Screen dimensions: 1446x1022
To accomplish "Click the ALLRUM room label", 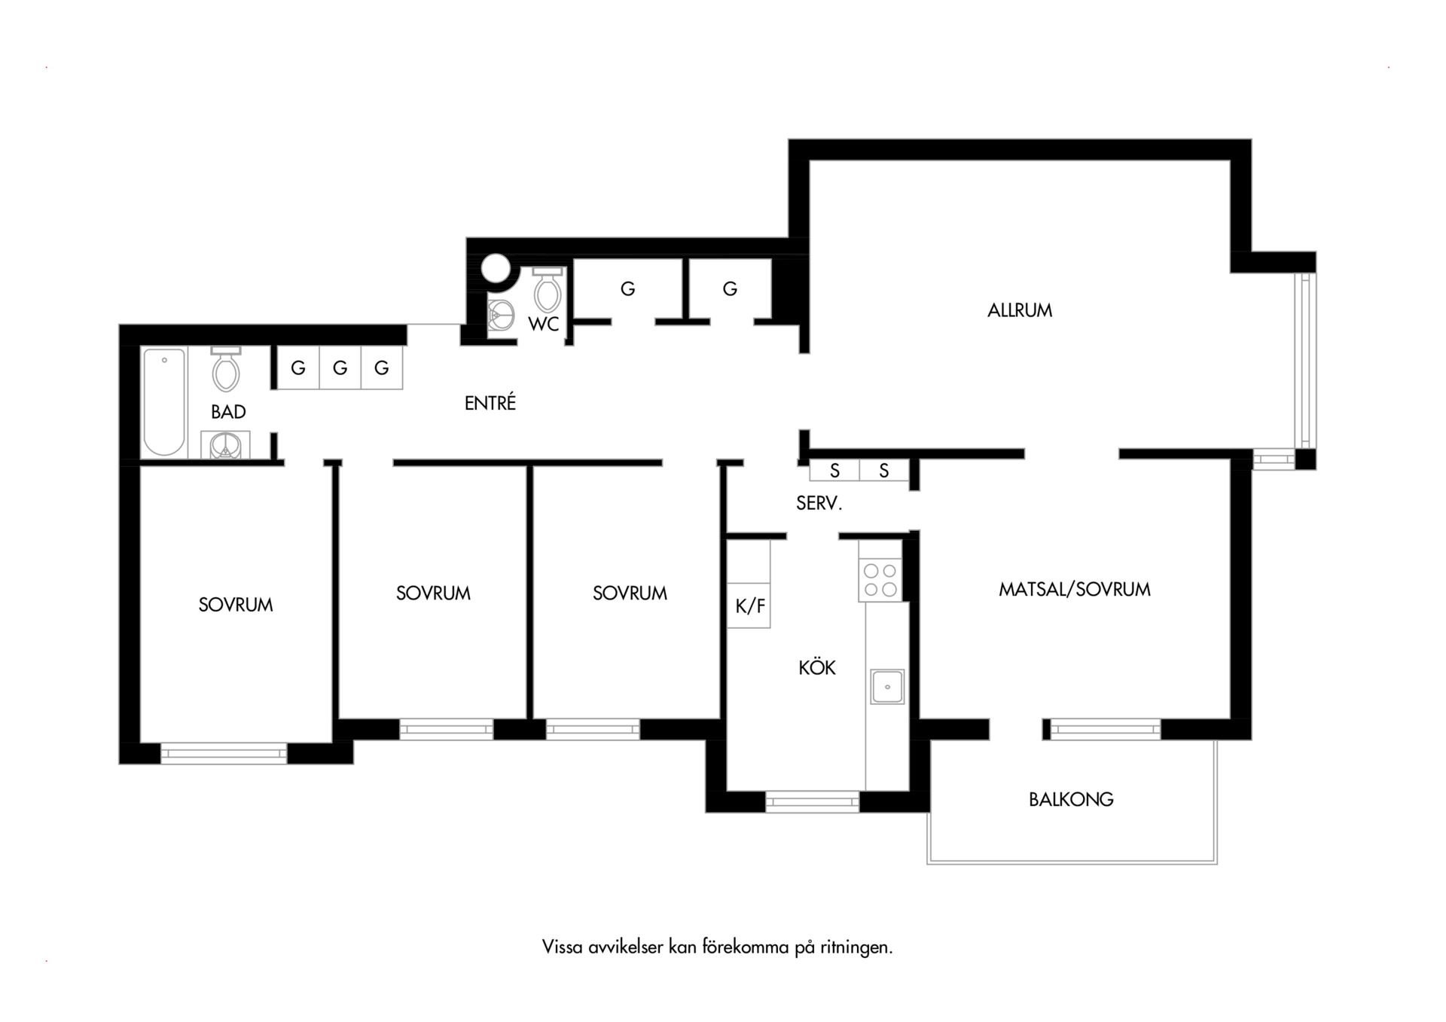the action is tap(1020, 310).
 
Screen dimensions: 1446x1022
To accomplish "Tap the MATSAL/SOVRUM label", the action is tap(1075, 589).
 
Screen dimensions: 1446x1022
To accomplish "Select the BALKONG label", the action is tap(1071, 799).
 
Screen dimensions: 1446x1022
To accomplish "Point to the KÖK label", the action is tap(817, 667).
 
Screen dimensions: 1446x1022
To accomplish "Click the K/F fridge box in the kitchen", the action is tap(749, 606).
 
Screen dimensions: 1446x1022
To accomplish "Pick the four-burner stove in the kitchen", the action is tap(880, 579).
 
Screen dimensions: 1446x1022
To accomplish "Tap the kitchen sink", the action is tap(887, 687).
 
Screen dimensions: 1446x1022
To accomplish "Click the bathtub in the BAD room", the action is tap(164, 402).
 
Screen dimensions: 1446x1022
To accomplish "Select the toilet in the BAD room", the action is tap(225, 369).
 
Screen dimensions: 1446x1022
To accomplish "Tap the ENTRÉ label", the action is tap(490, 404).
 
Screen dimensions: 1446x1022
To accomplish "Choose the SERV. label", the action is tap(819, 503).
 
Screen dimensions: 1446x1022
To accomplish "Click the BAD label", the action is tap(228, 412).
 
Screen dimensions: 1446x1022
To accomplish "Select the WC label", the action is tap(544, 324).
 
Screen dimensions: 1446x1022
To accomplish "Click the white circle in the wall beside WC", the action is tap(496, 268).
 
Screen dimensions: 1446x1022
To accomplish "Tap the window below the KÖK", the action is tap(813, 801).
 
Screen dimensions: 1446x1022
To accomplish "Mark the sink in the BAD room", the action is tap(225, 445).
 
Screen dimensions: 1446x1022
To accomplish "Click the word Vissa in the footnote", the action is tap(563, 947).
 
